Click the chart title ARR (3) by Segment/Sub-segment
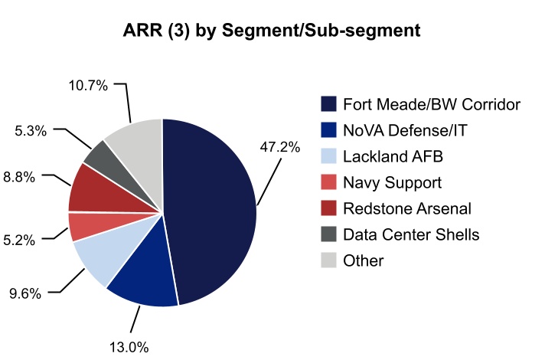point(272,31)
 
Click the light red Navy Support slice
point(83,226)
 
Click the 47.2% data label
point(280,148)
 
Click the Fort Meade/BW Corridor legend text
point(432,104)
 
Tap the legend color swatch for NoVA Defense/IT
point(328,130)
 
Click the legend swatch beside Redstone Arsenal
point(328,208)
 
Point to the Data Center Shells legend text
point(411,234)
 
